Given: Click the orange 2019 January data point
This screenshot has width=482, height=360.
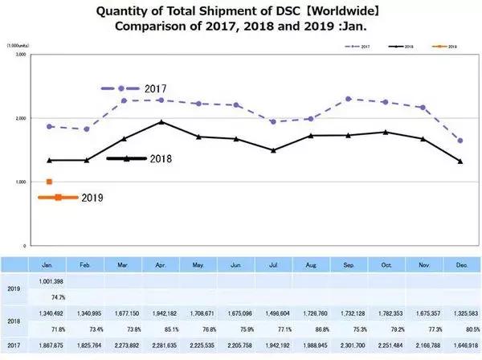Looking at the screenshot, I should tap(50, 182).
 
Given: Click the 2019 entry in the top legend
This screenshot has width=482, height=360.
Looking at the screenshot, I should tap(445, 47).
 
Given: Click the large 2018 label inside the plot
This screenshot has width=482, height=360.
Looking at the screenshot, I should tap(161, 159).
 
